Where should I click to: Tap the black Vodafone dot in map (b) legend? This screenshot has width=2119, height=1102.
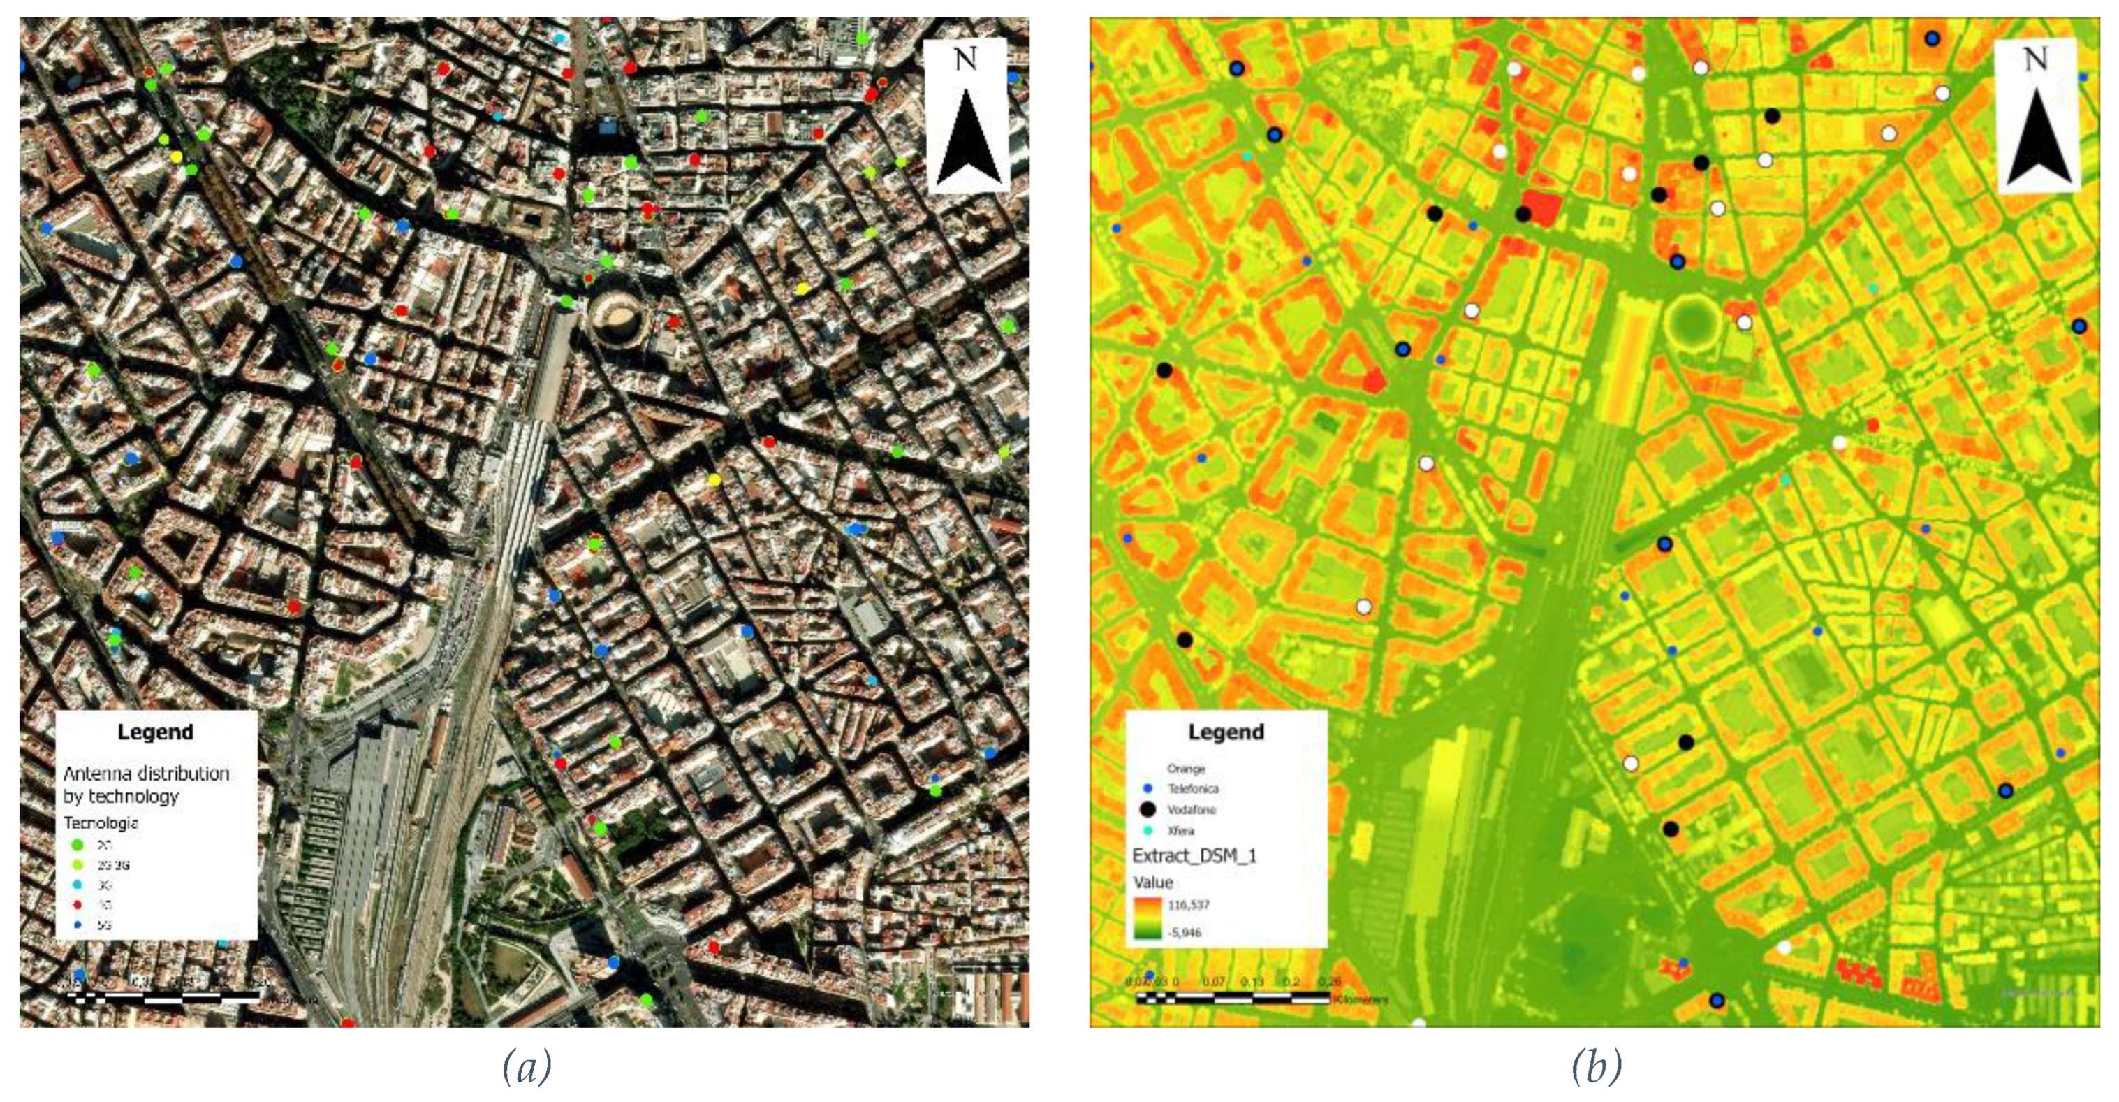point(1148,810)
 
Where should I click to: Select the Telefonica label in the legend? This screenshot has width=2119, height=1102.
point(1193,788)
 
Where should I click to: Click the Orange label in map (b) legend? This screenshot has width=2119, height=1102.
point(1185,769)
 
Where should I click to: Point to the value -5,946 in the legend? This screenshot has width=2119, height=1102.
point(1185,932)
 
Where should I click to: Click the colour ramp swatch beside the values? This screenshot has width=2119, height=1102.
point(1147,918)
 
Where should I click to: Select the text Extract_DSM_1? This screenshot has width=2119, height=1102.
point(1194,856)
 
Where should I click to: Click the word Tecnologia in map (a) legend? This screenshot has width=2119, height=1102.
point(101,823)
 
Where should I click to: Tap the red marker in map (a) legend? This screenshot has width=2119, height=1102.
point(78,904)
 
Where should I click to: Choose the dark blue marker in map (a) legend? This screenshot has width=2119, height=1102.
point(78,925)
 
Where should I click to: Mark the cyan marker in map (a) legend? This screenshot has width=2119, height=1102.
point(78,885)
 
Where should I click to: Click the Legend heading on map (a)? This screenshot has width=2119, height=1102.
point(156,732)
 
